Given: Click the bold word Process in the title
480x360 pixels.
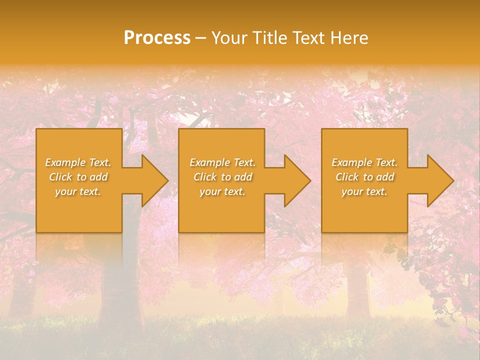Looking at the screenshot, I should pyautogui.click(x=157, y=38).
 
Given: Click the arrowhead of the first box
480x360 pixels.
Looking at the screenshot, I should pyautogui.click(x=150, y=180).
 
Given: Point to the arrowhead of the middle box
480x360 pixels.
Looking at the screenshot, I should pyautogui.click(x=292, y=180).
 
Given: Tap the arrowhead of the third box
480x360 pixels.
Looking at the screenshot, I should pyautogui.click(x=435, y=180).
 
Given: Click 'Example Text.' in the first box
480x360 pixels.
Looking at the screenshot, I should pyautogui.click(x=78, y=162).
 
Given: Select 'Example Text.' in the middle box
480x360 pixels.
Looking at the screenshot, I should pyautogui.click(x=222, y=162).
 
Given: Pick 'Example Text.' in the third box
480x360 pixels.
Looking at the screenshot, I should pyautogui.click(x=364, y=162).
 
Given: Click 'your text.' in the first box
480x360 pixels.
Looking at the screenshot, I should pyautogui.click(x=78, y=191).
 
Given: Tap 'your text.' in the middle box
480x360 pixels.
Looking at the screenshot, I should pyautogui.click(x=222, y=191).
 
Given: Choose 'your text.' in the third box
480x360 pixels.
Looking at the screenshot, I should pyautogui.click(x=364, y=191).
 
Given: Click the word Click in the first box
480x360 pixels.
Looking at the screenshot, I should pyautogui.click(x=60, y=177).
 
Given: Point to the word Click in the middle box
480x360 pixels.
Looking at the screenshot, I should pyautogui.click(x=204, y=177).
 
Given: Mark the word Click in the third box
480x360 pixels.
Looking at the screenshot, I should pyautogui.click(x=347, y=177).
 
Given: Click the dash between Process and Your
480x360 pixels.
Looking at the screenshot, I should pyautogui.click(x=200, y=38).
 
